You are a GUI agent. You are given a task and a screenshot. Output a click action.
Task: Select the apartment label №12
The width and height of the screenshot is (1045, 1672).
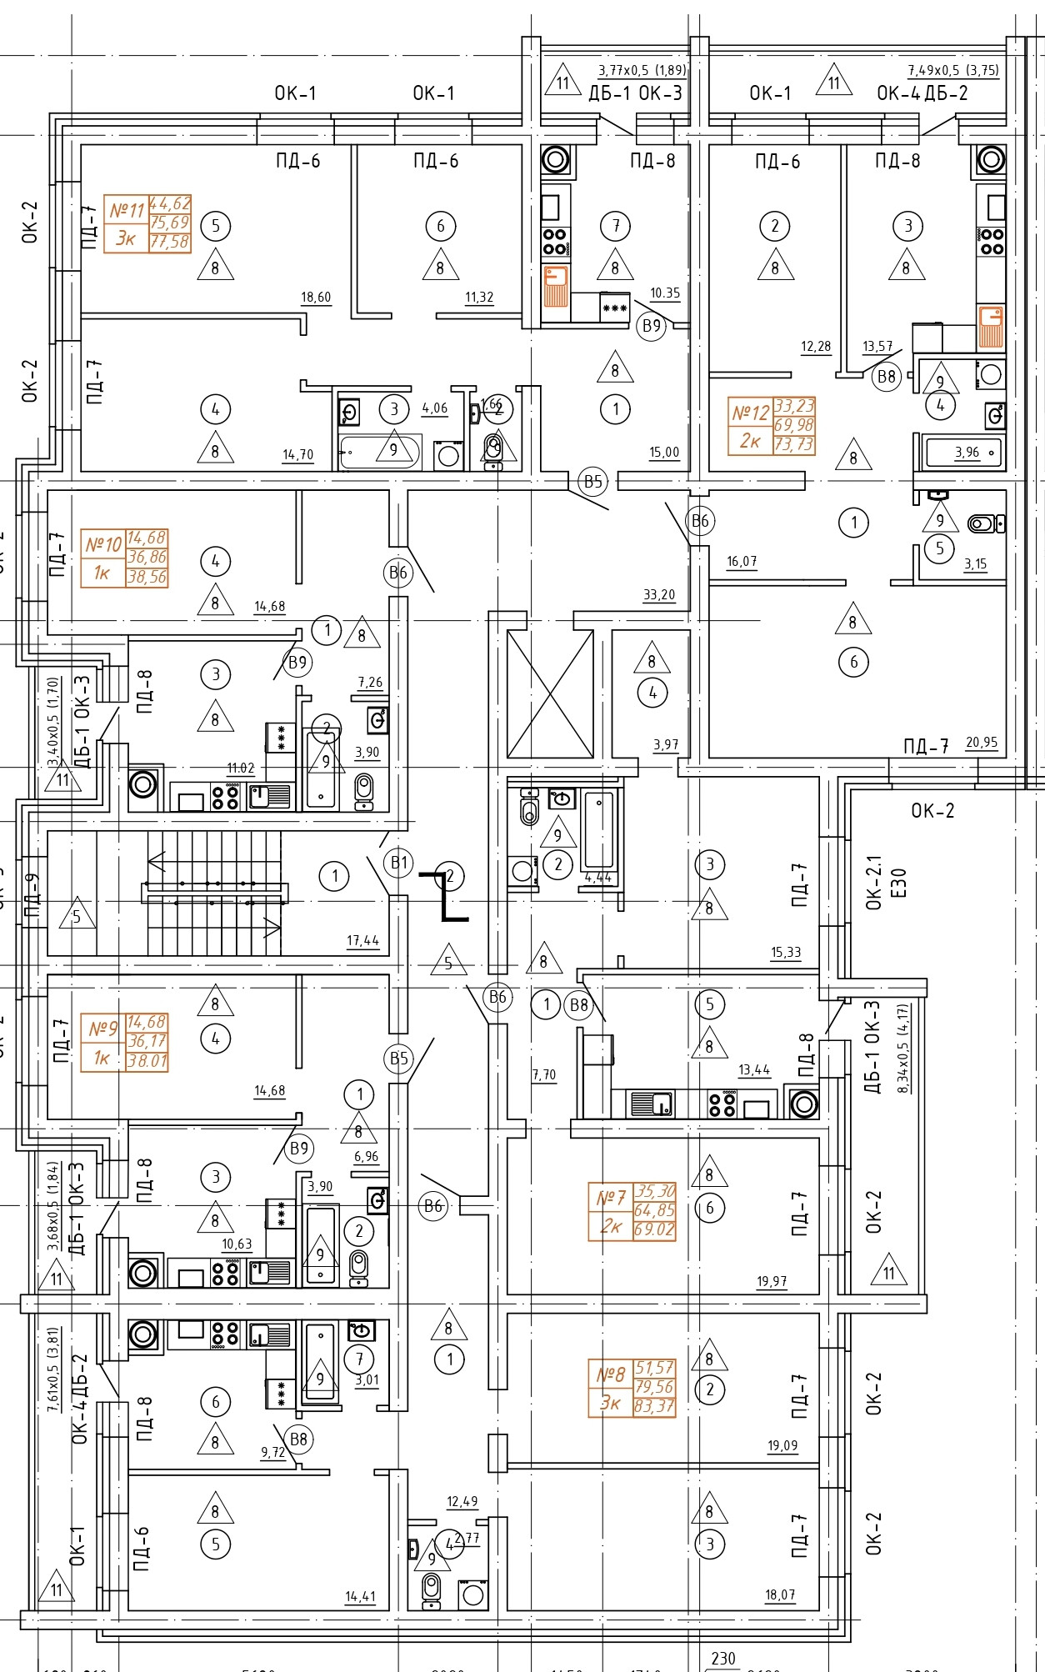point(750,413)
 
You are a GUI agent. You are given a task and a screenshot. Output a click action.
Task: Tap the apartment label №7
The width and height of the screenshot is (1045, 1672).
point(611,1198)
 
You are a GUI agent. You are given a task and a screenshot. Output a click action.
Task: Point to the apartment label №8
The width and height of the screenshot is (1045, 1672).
point(611,1374)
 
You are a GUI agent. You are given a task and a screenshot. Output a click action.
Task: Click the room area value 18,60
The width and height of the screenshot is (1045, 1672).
point(316,298)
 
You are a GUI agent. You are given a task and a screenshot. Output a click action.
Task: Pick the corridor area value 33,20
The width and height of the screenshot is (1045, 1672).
point(659,595)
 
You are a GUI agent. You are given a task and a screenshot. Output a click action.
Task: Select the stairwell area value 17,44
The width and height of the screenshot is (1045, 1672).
point(363,941)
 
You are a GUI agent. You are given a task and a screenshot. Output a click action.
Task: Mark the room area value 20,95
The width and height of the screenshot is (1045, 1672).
point(982,743)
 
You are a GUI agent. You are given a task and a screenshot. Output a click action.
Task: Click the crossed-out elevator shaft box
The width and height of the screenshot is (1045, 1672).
point(550,693)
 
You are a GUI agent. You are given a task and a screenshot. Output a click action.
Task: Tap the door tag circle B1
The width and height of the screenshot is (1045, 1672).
point(400,863)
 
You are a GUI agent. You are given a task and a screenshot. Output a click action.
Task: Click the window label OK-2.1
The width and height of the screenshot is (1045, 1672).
point(873,882)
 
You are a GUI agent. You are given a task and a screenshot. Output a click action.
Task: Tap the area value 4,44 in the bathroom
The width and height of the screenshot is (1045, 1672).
point(598,878)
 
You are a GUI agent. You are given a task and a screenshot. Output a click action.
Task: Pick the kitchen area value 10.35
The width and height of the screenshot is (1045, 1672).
point(665,293)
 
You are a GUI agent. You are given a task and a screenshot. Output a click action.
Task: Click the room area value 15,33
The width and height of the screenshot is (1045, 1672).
point(786,953)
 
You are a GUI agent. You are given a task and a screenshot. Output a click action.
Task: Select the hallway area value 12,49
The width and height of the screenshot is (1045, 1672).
point(462,1502)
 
